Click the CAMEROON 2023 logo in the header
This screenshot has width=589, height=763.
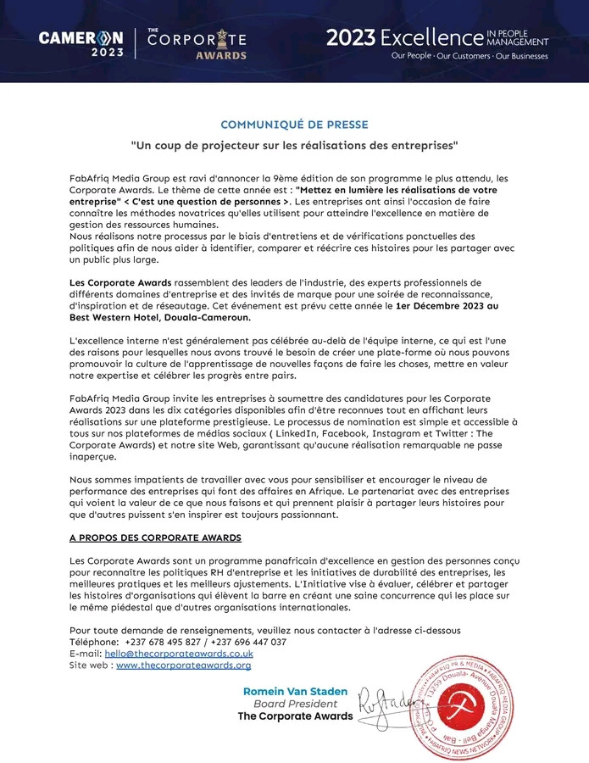click(x=81, y=43)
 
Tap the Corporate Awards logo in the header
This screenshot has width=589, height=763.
click(x=197, y=43)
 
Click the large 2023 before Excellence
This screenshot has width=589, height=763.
click(x=351, y=38)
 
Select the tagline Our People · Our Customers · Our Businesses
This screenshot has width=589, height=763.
click(x=469, y=57)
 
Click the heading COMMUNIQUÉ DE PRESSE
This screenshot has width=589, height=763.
click(x=294, y=125)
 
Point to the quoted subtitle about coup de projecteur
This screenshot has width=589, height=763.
click(x=294, y=145)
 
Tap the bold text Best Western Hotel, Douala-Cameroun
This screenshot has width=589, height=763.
click(x=160, y=317)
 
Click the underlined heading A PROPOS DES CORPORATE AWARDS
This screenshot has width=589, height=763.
click(x=155, y=537)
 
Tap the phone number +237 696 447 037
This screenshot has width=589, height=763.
click(x=243, y=642)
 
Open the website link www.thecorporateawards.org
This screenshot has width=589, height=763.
click(x=183, y=666)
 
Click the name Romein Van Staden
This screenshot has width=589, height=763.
click(x=296, y=692)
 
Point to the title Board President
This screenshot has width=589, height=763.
click(x=296, y=704)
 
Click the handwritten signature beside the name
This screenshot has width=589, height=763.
click(x=385, y=699)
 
